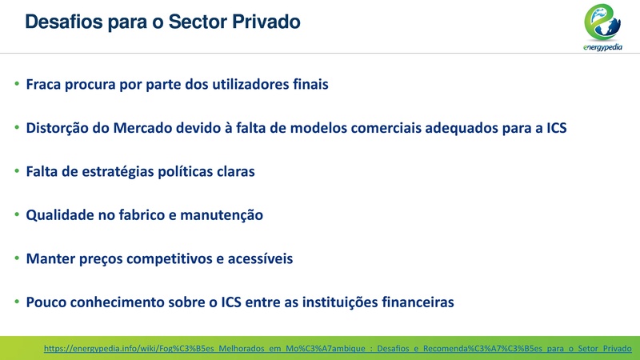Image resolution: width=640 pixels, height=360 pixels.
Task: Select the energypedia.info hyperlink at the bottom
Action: [x=337, y=349]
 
